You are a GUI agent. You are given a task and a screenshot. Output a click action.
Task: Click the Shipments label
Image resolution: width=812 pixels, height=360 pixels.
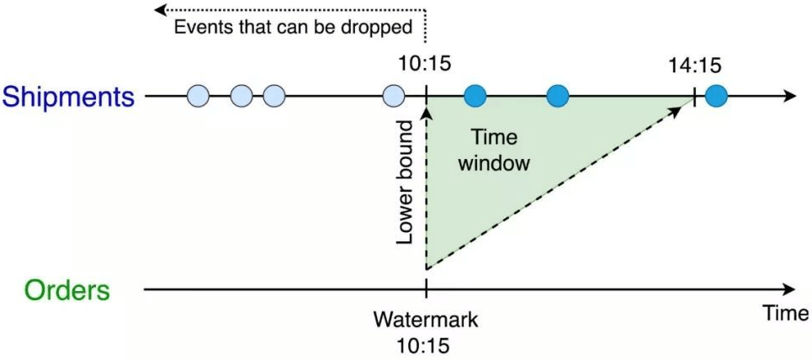click(x=68, y=97)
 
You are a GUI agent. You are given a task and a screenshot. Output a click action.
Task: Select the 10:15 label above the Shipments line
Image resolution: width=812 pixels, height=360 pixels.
click(x=427, y=64)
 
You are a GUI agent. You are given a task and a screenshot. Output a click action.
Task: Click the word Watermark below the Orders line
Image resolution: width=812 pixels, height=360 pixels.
click(x=426, y=320)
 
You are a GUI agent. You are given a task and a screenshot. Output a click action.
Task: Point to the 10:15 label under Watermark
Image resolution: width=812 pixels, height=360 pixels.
click(x=426, y=344)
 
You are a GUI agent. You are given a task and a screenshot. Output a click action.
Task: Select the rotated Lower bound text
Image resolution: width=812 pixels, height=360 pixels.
click(x=406, y=182)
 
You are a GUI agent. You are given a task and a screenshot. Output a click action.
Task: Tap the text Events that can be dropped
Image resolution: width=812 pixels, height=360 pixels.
click(x=293, y=27)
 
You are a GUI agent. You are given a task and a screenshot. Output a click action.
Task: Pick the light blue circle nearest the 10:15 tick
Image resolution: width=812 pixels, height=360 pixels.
click(x=393, y=96)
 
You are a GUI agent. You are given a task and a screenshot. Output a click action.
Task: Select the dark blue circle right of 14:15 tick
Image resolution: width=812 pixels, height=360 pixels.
click(x=716, y=96)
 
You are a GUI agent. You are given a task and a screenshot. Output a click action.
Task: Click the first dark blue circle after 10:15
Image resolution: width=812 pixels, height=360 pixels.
click(x=476, y=96)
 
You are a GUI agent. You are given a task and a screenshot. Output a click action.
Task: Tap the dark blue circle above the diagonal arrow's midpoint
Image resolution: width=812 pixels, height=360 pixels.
click(x=558, y=96)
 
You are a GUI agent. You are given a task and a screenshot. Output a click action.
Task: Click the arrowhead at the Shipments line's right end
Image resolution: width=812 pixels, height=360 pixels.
click(x=788, y=96)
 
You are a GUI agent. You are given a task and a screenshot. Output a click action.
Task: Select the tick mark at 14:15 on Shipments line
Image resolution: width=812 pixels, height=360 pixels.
click(x=694, y=96)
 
